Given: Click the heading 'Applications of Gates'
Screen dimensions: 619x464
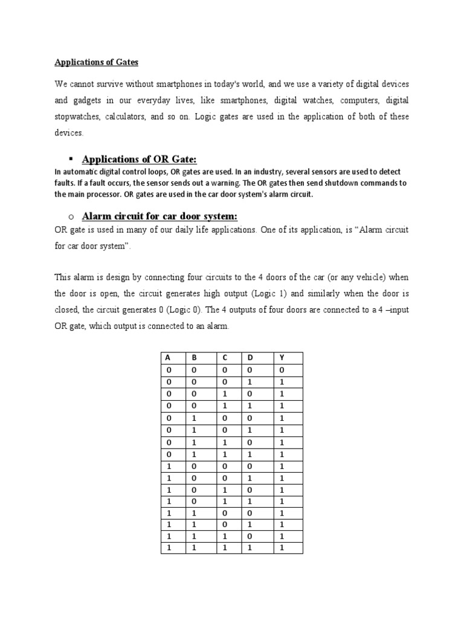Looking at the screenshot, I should point(97,62).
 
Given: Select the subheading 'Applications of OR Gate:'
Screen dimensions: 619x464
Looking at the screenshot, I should point(139,159).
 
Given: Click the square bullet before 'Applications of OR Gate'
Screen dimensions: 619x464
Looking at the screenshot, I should point(71,158).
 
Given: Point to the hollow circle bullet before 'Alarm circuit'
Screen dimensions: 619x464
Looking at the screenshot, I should point(71,217).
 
